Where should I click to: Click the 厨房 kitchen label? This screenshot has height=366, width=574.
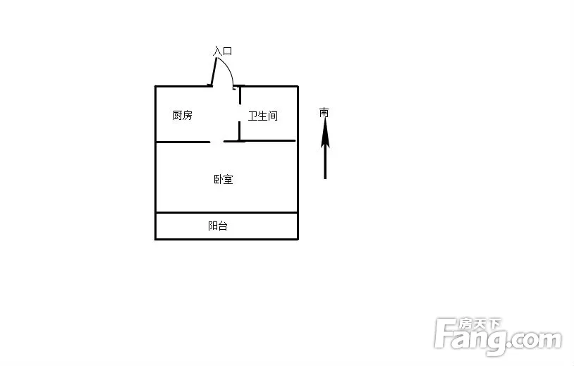(183, 115)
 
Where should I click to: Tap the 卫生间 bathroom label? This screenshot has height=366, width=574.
(263, 116)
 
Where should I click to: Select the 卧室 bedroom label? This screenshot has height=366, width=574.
(224, 179)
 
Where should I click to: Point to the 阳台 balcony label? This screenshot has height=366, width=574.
(218, 226)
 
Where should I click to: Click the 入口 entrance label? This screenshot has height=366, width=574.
(223, 51)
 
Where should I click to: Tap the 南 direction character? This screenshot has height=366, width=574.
(324, 112)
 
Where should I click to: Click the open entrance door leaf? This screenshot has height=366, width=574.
(214, 72)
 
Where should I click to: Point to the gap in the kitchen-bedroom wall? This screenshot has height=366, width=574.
(216, 142)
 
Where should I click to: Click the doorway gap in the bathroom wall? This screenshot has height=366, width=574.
(240, 113)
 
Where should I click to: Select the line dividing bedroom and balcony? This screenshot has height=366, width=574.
(226, 212)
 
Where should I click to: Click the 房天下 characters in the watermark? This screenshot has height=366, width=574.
(480, 324)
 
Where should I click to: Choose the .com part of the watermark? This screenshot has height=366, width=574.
(535, 340)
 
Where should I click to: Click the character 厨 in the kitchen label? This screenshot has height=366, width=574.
(178, 115)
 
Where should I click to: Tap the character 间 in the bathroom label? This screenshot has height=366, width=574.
(273, 116)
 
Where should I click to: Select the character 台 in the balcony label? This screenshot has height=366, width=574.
(223, 226)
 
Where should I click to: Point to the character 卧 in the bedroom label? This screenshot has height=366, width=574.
(219, 179)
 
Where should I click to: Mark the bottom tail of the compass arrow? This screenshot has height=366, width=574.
(325, 178)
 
